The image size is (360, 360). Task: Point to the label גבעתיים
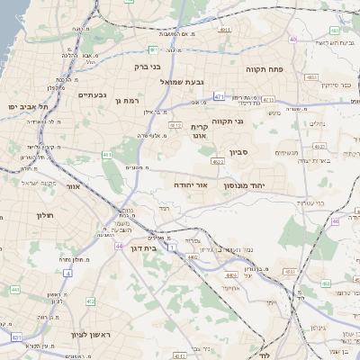coord(93,94)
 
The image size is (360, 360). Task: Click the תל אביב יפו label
coord(28,107)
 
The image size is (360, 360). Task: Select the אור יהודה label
coord(190,184)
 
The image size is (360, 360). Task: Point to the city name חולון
coord(45,215)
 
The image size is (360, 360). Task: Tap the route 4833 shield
coord(311,78)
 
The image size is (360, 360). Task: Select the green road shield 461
coord(107,155)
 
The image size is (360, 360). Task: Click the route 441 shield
coord(15,290)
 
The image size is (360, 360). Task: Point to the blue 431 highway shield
coord(15,337)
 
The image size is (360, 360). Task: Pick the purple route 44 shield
coord(119,245)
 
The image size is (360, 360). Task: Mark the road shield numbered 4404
coord(231,275)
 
